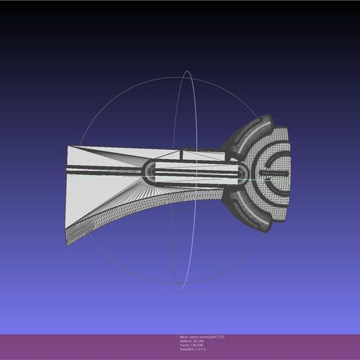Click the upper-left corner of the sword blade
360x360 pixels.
point(68,146)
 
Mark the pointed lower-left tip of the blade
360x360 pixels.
point(67,246)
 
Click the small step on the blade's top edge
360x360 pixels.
point(181,151)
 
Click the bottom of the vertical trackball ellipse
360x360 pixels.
point(183,286)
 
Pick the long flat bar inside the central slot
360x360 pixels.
point(192,171)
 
